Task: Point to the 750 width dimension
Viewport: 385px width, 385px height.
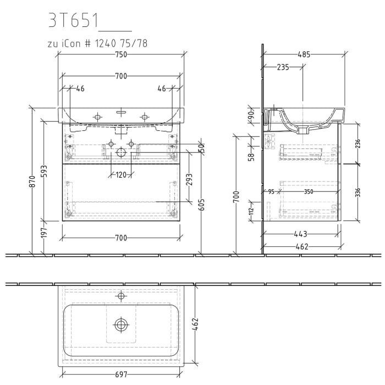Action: pyautogui.click(x=121, y=54)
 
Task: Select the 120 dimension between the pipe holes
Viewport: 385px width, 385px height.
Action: pyautogui.click(x=121, y=175)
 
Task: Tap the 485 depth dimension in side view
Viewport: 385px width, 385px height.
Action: pyautogui.click(x=305, y=54)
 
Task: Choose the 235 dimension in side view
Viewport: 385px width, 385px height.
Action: pyautogui.click(x=283, y=67)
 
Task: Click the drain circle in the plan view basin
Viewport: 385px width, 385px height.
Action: pyautogui.click(x=121, y=324)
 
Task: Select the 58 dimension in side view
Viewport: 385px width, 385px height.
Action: pyautogui.click(x=251, y=156)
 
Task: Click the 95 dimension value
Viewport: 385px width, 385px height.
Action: pyautogui.click(x=271, y=192)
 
